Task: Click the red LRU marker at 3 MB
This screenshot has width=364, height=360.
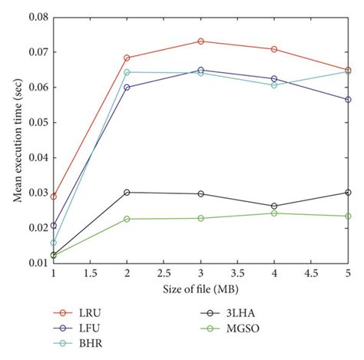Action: pos(200,41)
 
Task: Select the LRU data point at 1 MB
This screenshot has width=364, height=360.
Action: pos(53,197)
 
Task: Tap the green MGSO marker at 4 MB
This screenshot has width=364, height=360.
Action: pos(274,213)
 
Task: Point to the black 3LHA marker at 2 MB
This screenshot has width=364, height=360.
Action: pos(127,193)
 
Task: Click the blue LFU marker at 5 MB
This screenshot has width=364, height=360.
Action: pos(348,99)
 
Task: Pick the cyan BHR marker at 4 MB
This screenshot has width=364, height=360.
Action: pos(274,84)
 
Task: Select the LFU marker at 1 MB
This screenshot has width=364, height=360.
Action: pos(53,226)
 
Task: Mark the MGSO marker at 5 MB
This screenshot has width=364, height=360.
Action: pos(348,216)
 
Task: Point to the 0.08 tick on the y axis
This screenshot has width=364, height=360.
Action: pos(36,17)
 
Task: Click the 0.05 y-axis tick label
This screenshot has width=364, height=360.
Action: pos(36,122)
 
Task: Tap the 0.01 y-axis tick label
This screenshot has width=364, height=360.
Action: pos(36,263)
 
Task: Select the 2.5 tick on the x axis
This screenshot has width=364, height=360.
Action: pos(163,273)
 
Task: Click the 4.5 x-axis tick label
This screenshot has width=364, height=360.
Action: pos(310,273)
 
